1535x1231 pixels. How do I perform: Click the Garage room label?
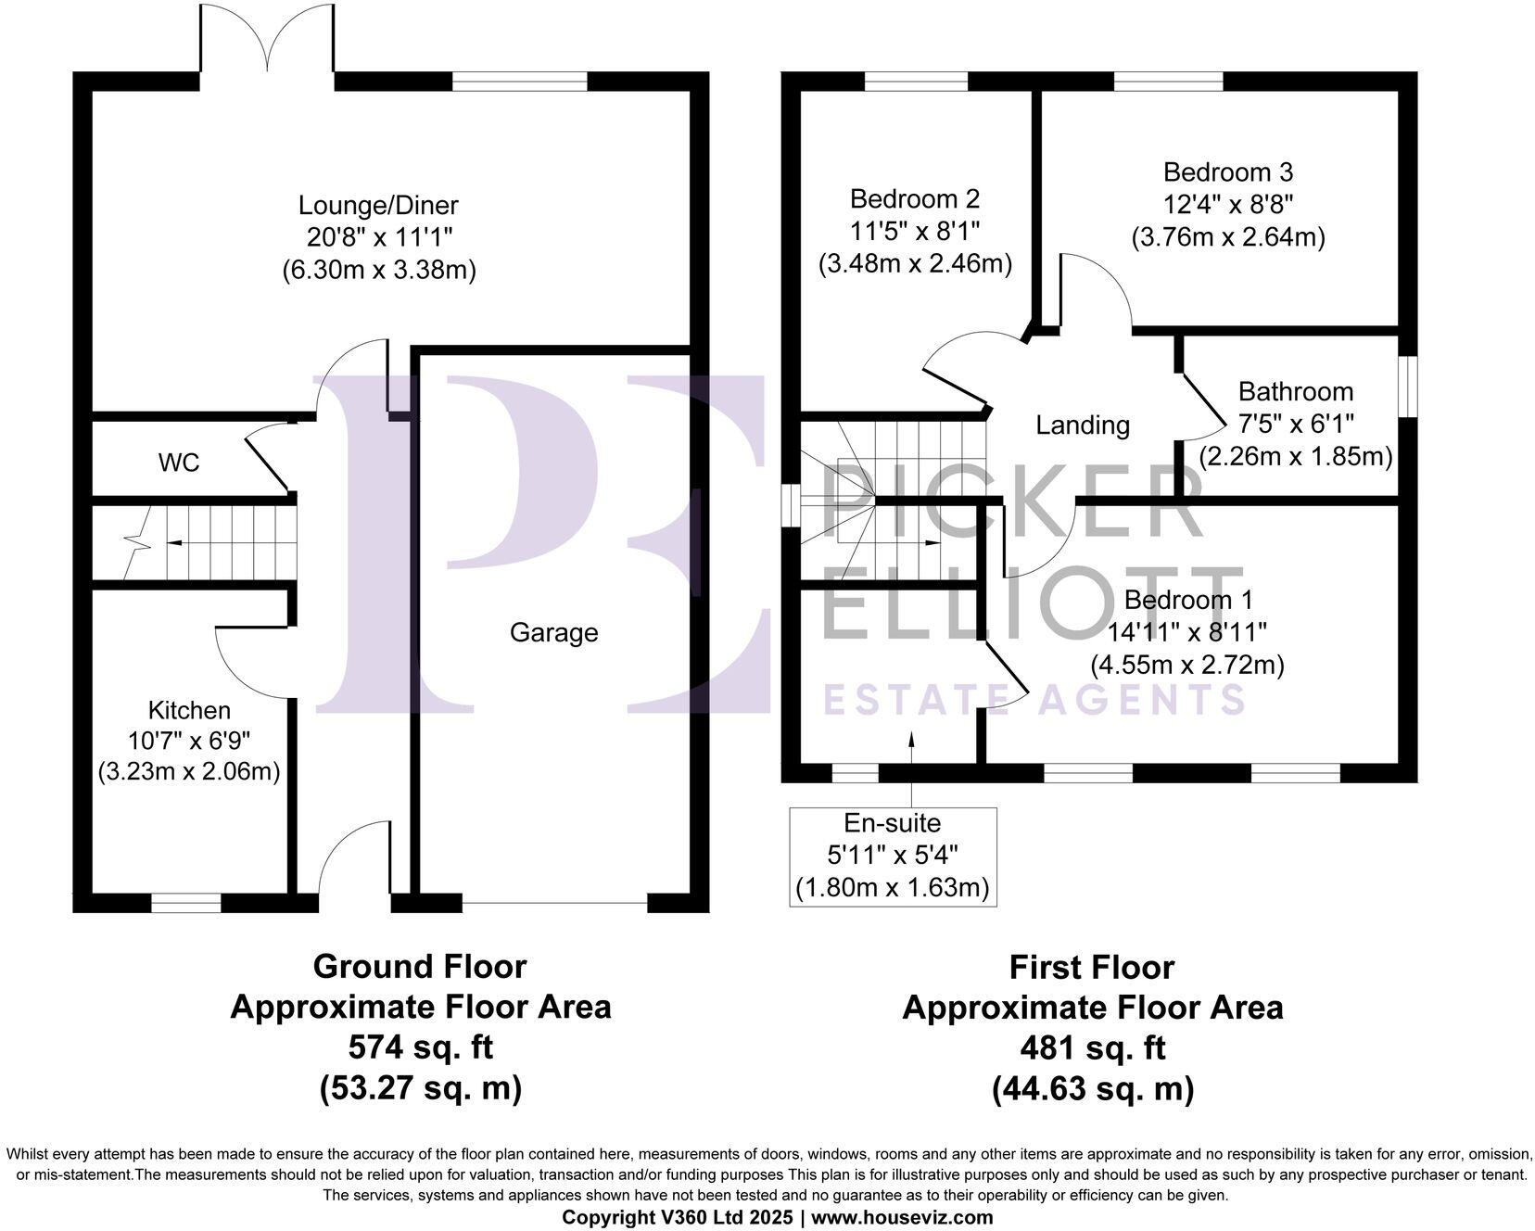(x=553, y=633)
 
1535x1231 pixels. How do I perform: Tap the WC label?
(x=179, y=463)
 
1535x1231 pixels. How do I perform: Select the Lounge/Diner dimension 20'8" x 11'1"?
(x=378, y=237)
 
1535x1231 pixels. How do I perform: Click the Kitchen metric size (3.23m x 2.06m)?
(x=189, y=772)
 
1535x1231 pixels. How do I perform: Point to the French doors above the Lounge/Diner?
(x=267, y=37)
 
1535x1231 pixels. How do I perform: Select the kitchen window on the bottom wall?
(x=186, y=902)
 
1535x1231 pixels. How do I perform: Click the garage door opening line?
(x=554, y=903)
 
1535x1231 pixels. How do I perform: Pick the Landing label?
(x=1082, y=425)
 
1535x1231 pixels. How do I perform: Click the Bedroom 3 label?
(x=1227, y=172)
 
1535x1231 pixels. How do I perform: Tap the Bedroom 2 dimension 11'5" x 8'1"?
(x=915, y=232)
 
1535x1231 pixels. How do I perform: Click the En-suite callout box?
(x=893, y=856)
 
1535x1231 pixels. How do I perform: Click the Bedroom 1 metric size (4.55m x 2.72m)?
(x=1186, y=666)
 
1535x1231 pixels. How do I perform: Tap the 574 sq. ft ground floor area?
(x=420, y=1047)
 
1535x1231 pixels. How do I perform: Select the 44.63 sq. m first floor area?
(x=1092, y=1088)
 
